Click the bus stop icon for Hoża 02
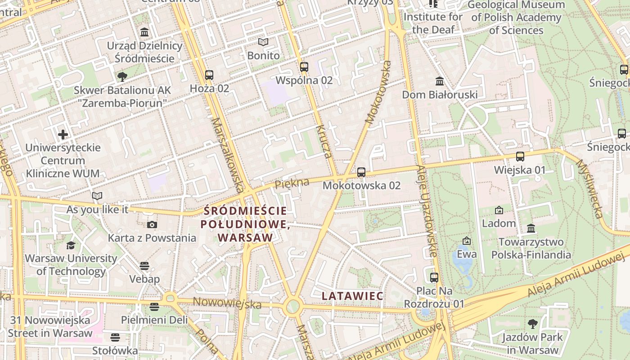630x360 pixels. [209, 75]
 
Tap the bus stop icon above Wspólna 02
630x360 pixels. [304, 67]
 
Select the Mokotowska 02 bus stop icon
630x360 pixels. [361, 172]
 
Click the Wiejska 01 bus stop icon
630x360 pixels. [520, 157]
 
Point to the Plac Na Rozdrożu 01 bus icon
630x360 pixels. [434, 277]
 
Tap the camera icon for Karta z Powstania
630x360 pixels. [152, 225]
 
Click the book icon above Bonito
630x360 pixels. [263, 42]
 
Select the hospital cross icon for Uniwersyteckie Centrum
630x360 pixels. [63, 134]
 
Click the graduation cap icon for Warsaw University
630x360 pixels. [71, 245]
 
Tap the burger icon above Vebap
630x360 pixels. [144, 265]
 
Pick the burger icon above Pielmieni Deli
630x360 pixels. [154, 307]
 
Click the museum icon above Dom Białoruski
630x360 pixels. [440, 81]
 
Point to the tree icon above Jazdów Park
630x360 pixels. [532, 324]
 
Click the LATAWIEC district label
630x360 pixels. [352, 296]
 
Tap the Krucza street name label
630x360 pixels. [324, 142]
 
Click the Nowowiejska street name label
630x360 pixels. [227, 303]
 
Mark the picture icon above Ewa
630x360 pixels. [466, 241]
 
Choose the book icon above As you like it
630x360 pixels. [97, 196]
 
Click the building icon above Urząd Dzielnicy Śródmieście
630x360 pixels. [144, 32]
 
